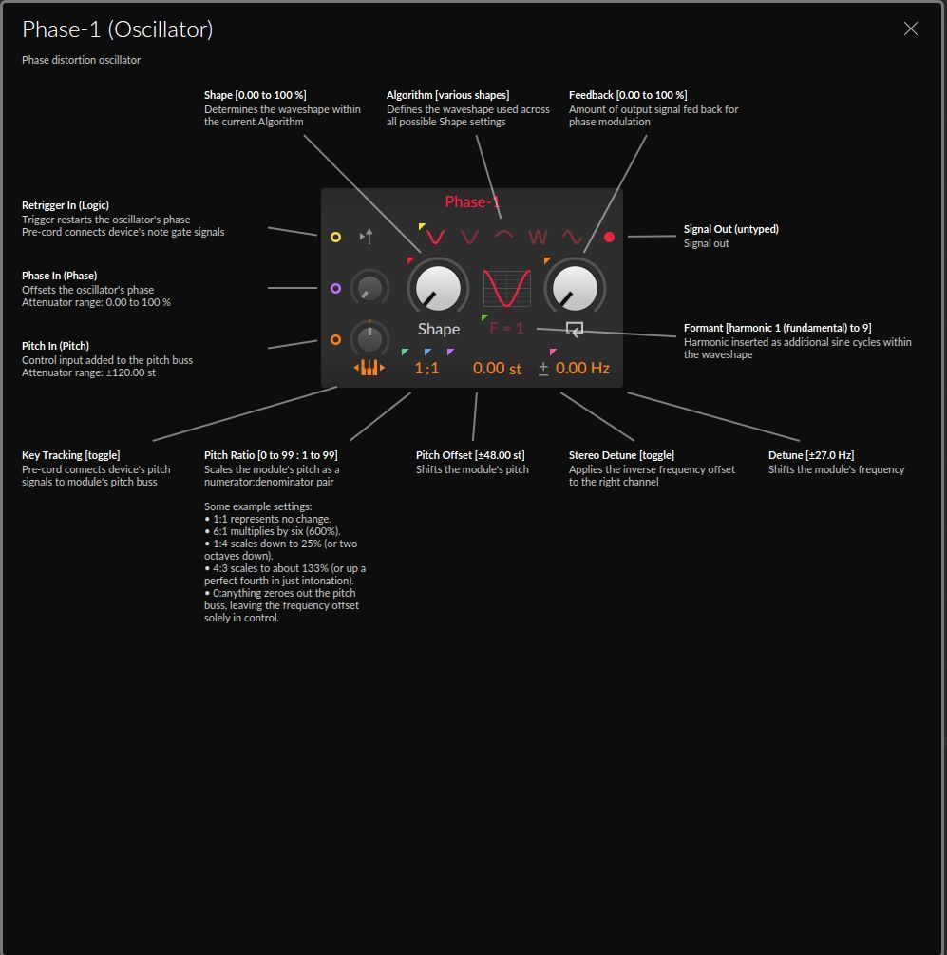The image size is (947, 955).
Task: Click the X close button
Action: tap(910, 29)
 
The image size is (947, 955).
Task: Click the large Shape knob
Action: tap(438, 287)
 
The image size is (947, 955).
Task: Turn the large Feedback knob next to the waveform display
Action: tap(574, 287)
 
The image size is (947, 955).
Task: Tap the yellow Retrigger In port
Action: tap(335, 237)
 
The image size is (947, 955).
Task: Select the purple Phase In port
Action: tap(335, 288)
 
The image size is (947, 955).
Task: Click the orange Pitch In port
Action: tap(335, 339)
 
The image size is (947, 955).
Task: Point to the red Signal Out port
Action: tap(610, 238)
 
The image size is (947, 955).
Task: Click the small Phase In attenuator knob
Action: tap(369, 288)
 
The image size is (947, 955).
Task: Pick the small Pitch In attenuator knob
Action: tap(369, 338)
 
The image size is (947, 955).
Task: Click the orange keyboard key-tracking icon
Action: tap(369, 368)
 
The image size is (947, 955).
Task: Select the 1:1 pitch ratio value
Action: tap(426, 368)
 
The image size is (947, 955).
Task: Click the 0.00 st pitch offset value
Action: tap(497, 368)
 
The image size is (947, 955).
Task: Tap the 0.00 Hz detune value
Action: tap(582, 368)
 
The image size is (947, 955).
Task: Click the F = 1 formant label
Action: tap(506, 328)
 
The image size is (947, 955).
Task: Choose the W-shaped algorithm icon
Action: tap(539, 237)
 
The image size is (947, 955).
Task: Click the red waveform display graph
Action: tap(506, 288)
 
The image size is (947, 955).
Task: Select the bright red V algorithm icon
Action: tap(435, 237)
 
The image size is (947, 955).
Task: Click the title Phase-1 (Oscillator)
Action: tap(118, 29)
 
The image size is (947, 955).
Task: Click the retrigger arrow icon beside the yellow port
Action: tap(366, 237)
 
